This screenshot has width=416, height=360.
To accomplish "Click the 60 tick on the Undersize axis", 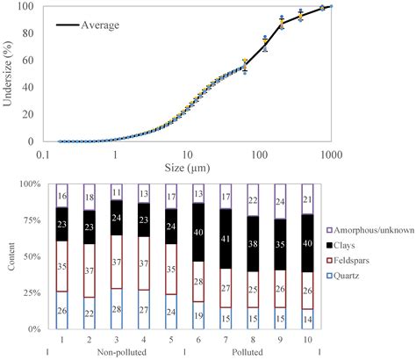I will (x=32, y=60).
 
